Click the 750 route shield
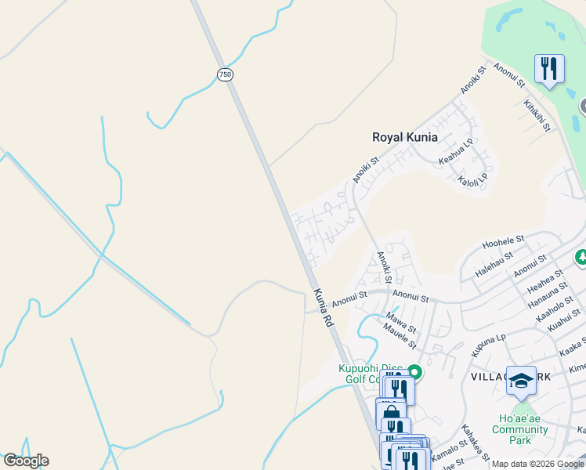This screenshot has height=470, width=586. [x=225, y=74]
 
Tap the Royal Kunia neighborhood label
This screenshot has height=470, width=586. [x=404, y=137]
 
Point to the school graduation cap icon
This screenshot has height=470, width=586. [x=521, y=381]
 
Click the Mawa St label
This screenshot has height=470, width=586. [x=401, y=321]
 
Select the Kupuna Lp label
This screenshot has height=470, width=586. [x=488, y=347]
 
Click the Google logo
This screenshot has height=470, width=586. [x=25, y=461]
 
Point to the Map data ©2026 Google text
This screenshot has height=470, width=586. [x=537, y=464]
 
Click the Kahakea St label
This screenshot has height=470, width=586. [x=475, y=443]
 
